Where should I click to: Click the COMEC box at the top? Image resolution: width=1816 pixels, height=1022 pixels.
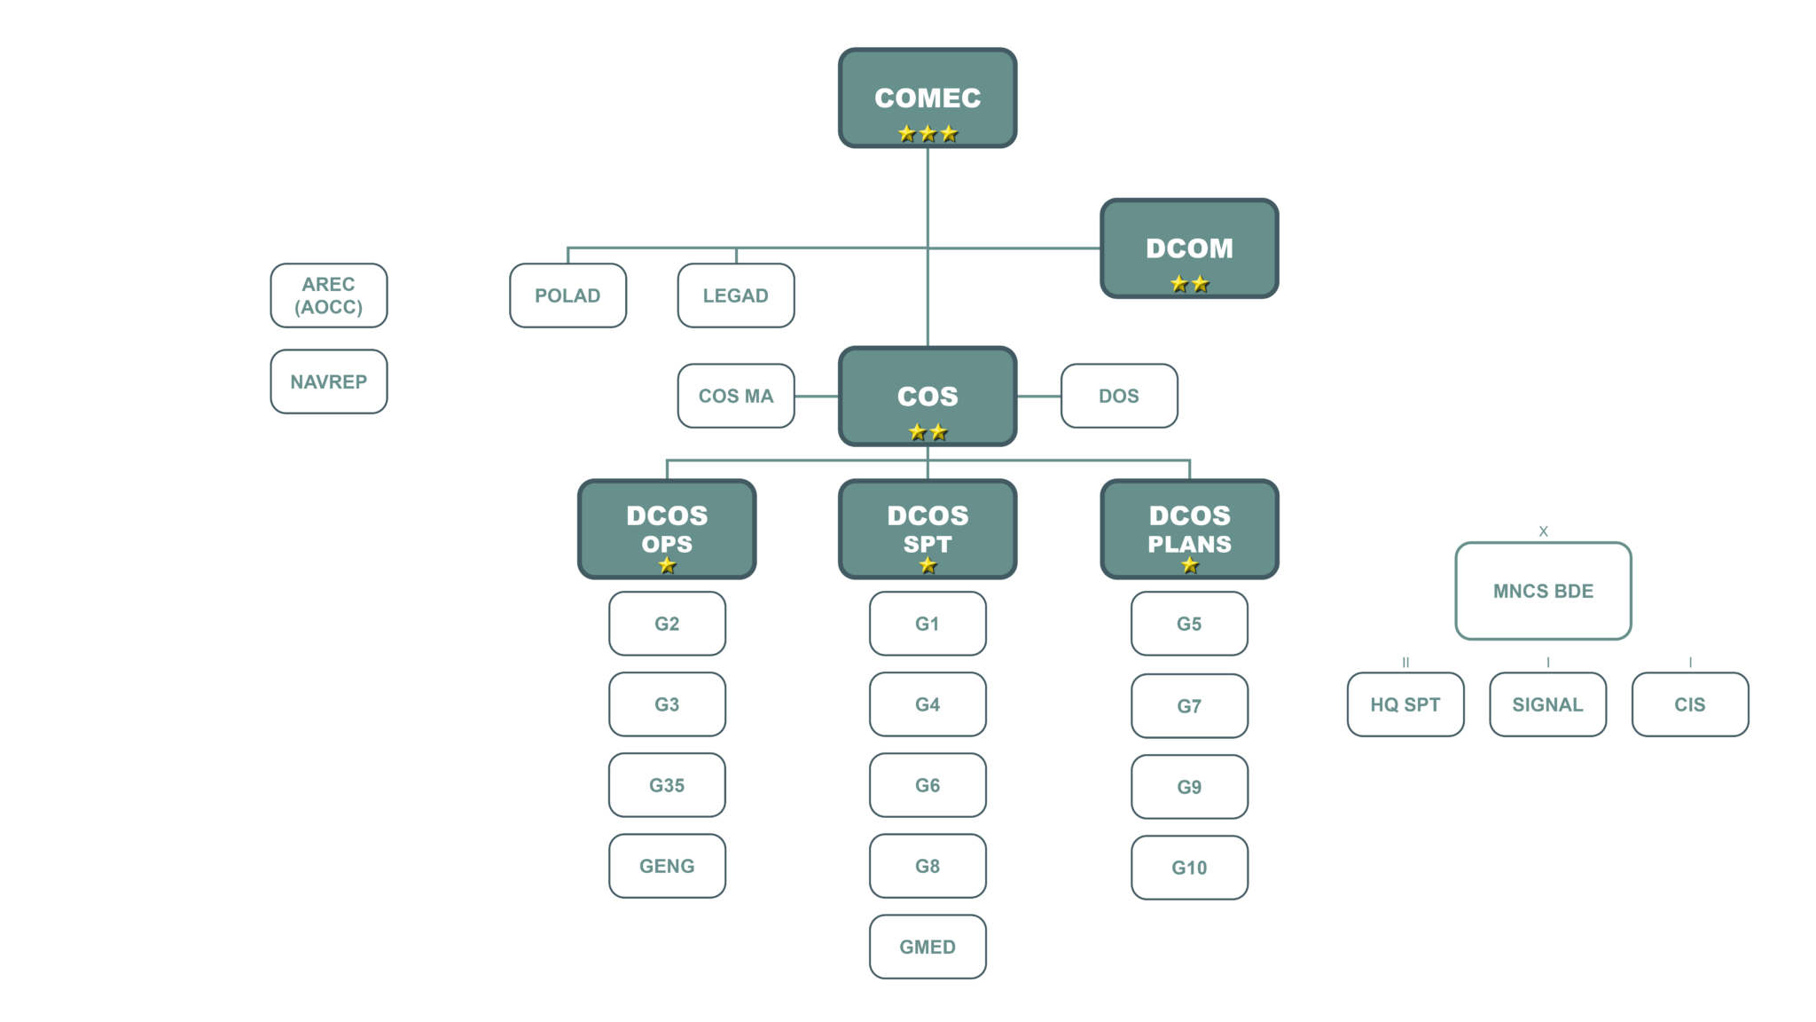pyautogui.click(x=928, y=98)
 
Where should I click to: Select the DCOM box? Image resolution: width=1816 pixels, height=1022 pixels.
pyautogui.click(x=1189, y=248)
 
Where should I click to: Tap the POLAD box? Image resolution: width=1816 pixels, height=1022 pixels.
pyautogui.click(x=567, y=295)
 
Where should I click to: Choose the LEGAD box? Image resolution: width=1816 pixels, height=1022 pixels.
pyautogui.click(x=736, y=295)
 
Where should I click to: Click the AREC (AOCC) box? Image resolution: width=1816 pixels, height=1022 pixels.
pyautogui.click(x=329, y=295)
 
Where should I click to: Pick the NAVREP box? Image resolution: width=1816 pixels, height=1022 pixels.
pyautogui.click(x=329, y=381)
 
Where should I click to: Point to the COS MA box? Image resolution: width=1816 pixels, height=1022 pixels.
pyautogui.click(x=736, y=396)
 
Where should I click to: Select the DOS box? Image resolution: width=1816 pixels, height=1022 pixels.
pyautogui.click(x=1119, y=396)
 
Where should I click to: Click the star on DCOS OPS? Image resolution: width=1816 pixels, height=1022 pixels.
pyautogui.click(x=668, y=565)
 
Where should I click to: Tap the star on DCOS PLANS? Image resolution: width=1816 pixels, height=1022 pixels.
pyautogui.click(x=1190, y=565)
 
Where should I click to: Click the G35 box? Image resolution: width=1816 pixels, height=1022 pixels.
pyautogui.click(x=667, y=785)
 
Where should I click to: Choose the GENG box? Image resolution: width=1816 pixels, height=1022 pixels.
pyautogui.click(x=667, y=866)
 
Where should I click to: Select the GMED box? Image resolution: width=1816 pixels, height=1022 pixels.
pyautogui.click(x=928, y=947)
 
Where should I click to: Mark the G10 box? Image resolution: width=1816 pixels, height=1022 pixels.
pyautogui.click(x=1189, y=868)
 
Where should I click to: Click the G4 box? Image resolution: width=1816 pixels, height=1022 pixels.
pyautogui.click(x=928, y=704)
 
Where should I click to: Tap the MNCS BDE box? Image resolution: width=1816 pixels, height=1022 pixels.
pyautogui.click(x=1543, y=591)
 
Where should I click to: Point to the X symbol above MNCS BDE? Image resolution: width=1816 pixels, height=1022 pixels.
pyautogui.click(x=1543, y=531)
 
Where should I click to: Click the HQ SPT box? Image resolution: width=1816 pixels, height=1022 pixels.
pyautogui.click(x=1405, y=704)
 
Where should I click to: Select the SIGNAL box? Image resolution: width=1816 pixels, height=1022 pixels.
pyautogui.click(x=1547, y=704)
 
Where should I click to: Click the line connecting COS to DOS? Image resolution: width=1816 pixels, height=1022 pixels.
pyautogui.click(x=1038, y=396)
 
